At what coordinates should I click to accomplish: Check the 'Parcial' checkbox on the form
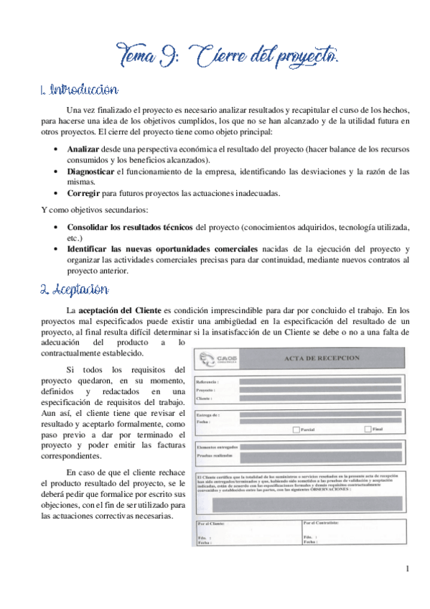(x=296, y=429)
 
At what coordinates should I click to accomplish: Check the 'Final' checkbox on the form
(x=368, y=429)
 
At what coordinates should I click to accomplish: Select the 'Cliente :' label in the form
(x=205, y=398)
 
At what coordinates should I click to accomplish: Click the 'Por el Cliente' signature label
(x=213, y=523)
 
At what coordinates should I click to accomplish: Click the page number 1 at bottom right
(x=407, y=570)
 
